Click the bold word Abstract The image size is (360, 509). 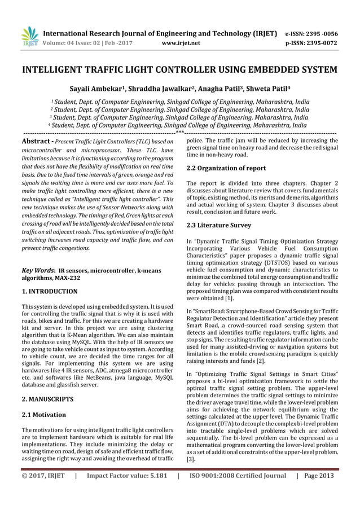37,141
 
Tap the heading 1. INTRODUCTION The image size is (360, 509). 49,292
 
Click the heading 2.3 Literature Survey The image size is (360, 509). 218,225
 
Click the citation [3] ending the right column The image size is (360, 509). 191,460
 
